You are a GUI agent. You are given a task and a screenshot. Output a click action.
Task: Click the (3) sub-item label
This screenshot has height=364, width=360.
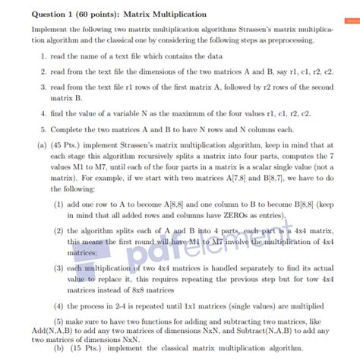[58, 269]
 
